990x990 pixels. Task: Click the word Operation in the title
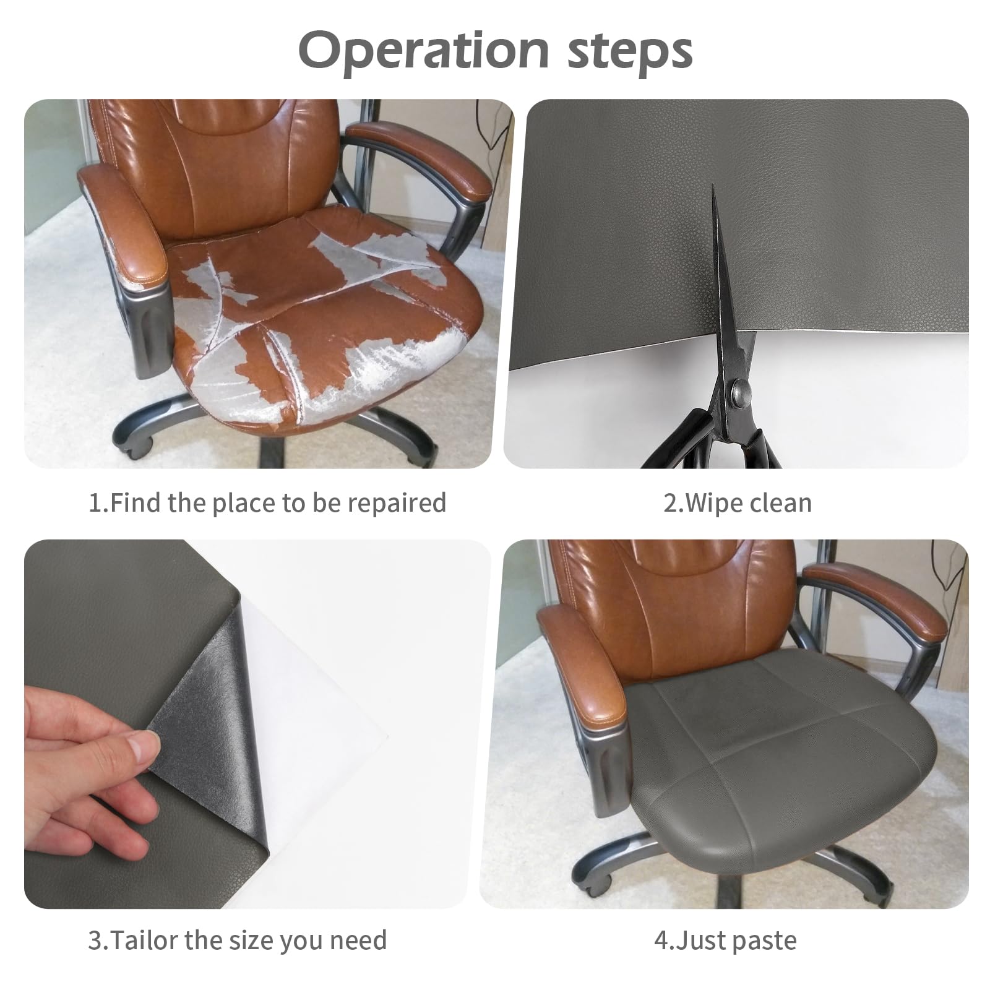pos(424,51)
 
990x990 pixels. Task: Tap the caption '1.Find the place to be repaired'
pos(267,502)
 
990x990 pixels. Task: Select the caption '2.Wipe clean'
pos(738,502)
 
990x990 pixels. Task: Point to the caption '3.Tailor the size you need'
pos(238,940)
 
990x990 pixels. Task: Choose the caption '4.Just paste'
pos(725,940)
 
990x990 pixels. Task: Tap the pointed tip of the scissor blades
pos(713,186)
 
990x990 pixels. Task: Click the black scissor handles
pos(718,442)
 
